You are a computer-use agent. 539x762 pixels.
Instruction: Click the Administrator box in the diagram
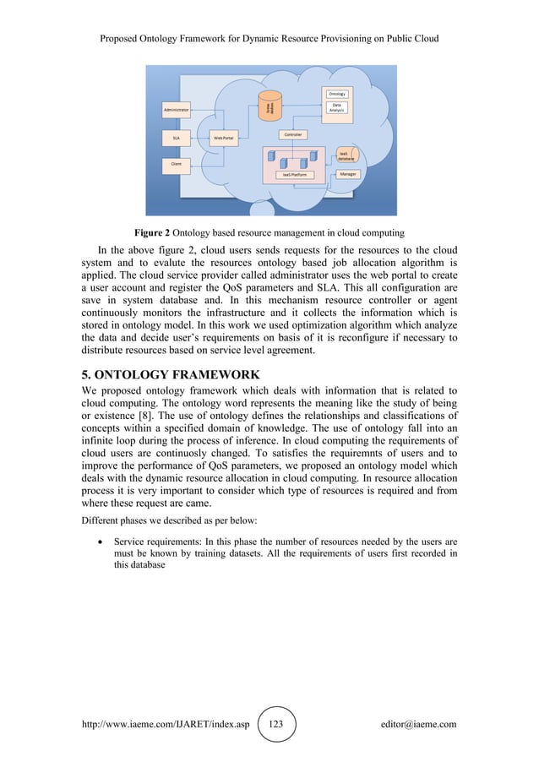click(177, 109)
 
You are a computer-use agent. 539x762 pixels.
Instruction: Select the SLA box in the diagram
click(176, 135)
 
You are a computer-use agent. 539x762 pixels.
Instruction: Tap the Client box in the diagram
click(176, 163)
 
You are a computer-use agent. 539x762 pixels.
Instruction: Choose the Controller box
click(292, 134)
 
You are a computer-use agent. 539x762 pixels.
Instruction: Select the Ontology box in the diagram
click(336, 93)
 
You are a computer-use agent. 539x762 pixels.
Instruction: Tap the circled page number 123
click(276, 725)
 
